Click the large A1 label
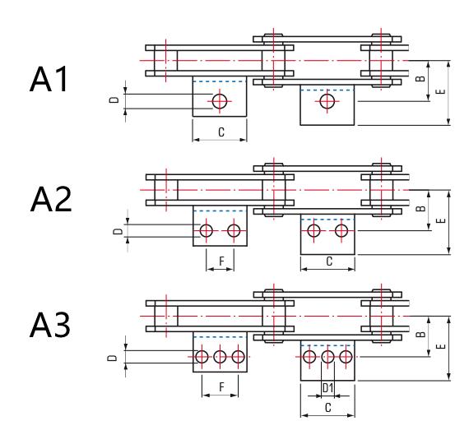[49, 79]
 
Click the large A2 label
[51, 199]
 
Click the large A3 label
[50, 325]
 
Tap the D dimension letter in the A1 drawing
[115, 99]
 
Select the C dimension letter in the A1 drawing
[221, 132]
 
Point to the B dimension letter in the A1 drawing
[420, 78]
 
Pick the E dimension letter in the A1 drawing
[440, 91]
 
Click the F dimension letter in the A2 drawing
[221, 261]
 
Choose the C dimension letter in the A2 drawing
[329, 261]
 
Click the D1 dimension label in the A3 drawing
[328, 388]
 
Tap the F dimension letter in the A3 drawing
[221, 387]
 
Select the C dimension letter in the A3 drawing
[328, 408]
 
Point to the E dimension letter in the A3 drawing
[440, 346]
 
